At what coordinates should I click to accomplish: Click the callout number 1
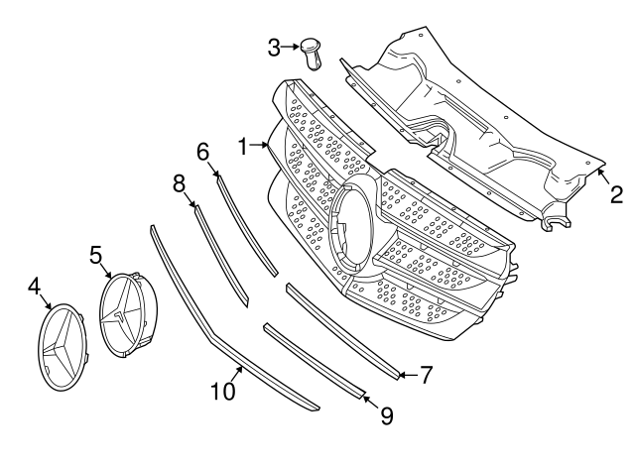[x=242, y=148]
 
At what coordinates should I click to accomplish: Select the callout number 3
[x=275, y=46]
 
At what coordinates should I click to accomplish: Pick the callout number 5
[x=97, y=255]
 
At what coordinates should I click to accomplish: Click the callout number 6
[x=203, y=152]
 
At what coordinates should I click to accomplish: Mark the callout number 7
[x=426, y=375]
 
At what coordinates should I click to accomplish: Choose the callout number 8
[x=180, y=183]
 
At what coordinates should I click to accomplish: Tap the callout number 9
[x=386, y=415]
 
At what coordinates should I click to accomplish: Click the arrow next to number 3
[x=292, y=46]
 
